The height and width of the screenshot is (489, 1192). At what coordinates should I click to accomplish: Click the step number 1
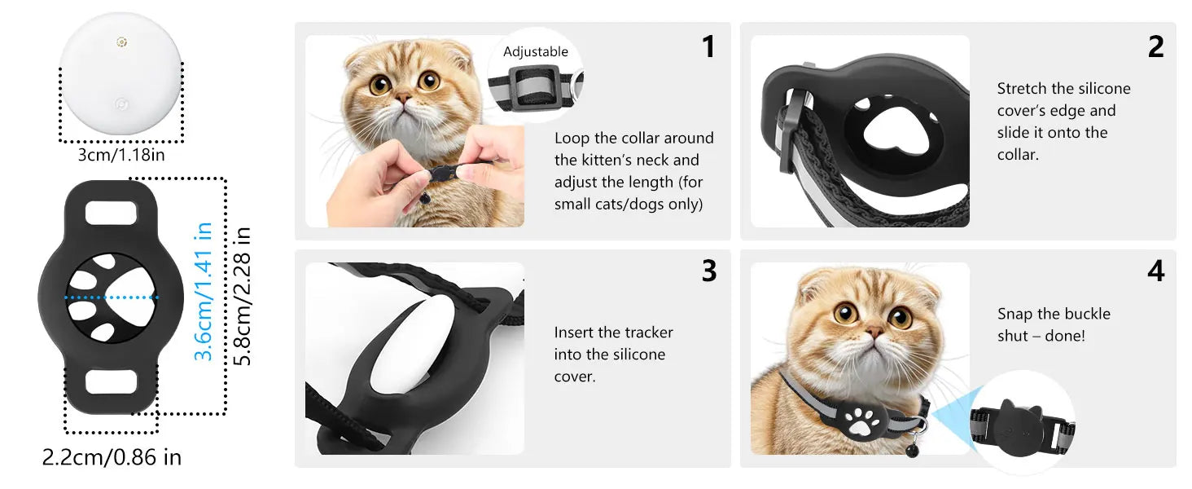pyautogui.click(x=708, y=47)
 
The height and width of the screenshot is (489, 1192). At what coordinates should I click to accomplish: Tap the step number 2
pyautogui.click(x=1155, y=47)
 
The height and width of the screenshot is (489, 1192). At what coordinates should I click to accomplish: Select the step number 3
pyautogui.click(x=708, y=271)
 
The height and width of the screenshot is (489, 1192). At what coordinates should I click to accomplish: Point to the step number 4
pyautogui.click(x=1155, y=271)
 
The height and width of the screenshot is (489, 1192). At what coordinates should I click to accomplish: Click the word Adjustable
pyautogui.click(x=535, y=52)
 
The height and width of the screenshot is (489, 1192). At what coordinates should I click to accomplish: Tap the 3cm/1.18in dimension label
pyautogui.click(x=121, y=155)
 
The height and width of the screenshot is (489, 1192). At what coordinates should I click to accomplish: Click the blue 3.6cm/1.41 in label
pyautogui.click(x=204, y=291)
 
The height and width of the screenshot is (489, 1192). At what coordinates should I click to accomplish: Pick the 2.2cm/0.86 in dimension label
pyautogui.click(x=112, y=457)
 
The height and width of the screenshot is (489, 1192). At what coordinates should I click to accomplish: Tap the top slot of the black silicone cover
pyautogui.click(x=112, y=213)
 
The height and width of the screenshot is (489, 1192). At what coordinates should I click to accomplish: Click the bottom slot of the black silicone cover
pyautogui.click(x=112, y=381)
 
